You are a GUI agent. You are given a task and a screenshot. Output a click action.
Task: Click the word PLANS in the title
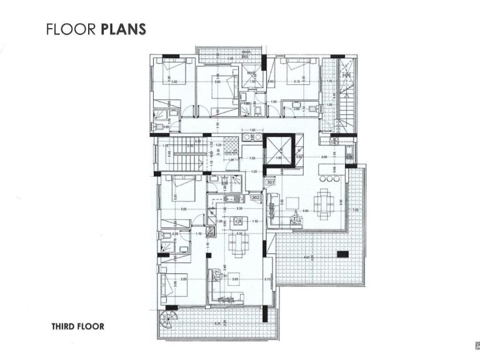click(123, 29)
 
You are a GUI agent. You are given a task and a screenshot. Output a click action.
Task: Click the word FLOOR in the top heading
click(71, 29)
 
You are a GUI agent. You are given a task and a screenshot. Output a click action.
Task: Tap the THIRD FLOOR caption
click(77, 326)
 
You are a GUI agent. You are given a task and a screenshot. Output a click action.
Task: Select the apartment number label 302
click(255, 197)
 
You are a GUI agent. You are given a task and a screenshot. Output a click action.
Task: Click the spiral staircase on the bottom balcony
click(167, 316)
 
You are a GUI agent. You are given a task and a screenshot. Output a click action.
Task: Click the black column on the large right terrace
click(341, 254)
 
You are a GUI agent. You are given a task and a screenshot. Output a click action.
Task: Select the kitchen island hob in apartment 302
click(236, 221)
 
